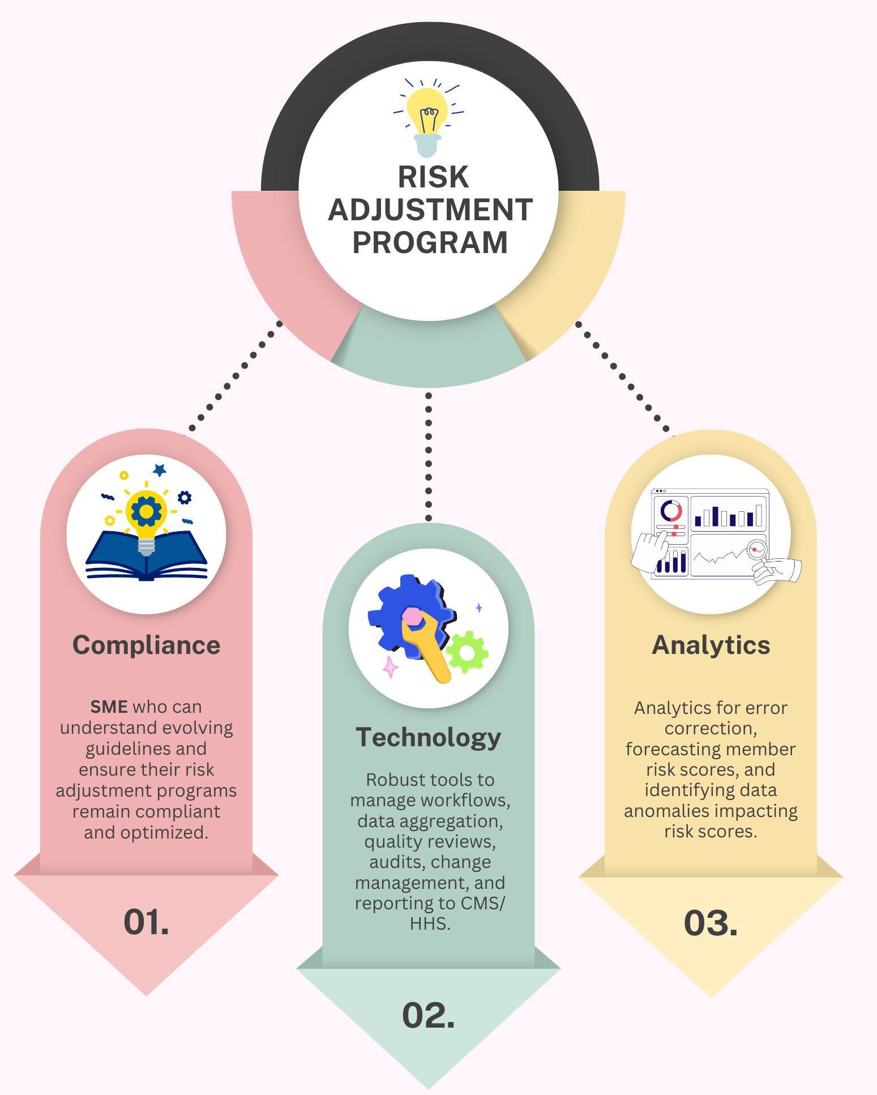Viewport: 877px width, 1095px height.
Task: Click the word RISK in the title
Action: (433, 177)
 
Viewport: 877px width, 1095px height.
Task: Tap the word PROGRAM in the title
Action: (430, 243)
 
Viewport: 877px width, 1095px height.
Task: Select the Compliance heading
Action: (146, 645)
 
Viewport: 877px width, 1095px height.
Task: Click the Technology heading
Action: (429, 737)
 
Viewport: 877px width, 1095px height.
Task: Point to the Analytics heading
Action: (711, 645)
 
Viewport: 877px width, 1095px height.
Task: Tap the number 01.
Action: (146, 922)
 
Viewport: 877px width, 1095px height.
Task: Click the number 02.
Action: (429, 1015)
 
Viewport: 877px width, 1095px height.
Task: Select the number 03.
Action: (711, 923)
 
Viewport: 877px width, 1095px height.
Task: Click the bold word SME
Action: (109, 707)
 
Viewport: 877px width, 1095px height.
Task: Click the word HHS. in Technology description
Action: (430, 924)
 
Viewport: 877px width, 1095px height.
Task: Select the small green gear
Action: (467, 653)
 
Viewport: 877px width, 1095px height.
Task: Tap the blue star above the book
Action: (160, 470)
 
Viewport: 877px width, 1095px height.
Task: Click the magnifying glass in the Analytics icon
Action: (758, 550)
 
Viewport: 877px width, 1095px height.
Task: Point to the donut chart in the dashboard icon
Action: (671, 511)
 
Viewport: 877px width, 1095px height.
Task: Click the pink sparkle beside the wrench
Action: (390, 667)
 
